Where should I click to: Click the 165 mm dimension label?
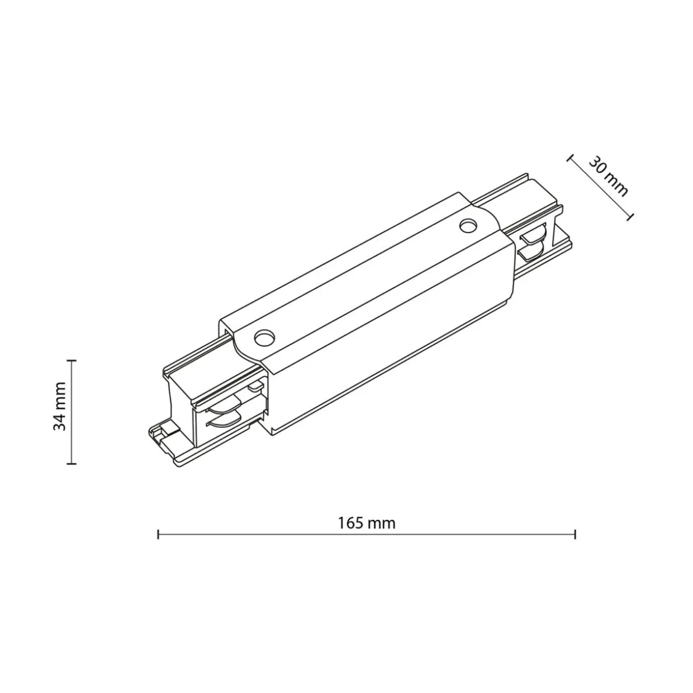tap(367, 523)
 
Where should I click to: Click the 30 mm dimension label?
tap(608, 176)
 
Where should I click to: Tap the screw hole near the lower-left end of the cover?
tap(264, 338)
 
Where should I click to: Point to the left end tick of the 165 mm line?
tap(158, 534)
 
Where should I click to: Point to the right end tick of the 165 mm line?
tap(575, 534)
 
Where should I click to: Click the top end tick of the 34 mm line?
tap(72, 360)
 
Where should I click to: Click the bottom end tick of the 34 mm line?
tap(72, 463)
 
